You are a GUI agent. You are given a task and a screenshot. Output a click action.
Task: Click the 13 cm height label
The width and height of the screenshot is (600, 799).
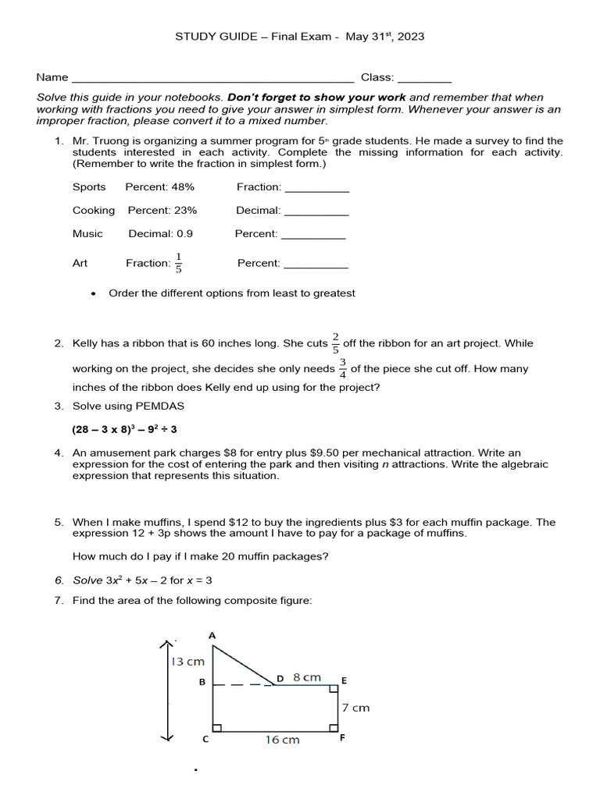coord(187,662)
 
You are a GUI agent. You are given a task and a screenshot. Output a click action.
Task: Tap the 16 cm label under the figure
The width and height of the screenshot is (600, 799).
coord(282,740)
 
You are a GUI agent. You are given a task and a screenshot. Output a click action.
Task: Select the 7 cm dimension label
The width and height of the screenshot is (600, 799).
coord(355,708)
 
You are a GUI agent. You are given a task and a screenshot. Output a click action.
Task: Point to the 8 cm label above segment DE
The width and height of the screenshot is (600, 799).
coord(307,677)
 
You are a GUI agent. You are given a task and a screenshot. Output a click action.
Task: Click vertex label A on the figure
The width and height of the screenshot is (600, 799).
coord(212,635)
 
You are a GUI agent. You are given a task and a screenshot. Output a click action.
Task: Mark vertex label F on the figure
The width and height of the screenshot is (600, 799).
coord(342,738)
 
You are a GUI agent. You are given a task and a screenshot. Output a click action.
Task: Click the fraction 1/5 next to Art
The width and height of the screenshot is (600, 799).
coord(178,263)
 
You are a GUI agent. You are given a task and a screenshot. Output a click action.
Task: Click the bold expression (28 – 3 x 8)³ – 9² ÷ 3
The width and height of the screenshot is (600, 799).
coord(125,429)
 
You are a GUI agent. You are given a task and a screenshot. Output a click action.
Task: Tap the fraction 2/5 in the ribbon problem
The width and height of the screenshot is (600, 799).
coord(336,343)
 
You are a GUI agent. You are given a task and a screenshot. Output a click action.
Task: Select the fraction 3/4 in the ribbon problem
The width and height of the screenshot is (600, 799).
coord(343,368)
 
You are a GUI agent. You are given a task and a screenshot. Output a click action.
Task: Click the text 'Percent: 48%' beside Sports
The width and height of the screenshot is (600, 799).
coord(159,186)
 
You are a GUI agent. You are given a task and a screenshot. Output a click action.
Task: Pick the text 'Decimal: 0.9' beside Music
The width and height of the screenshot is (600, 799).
coord(160,233)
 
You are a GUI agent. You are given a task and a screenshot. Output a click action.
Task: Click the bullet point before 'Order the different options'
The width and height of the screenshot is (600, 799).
coord(94,293)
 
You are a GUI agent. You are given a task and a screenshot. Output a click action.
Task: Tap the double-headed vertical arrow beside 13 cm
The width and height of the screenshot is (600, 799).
coord(166,691)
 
